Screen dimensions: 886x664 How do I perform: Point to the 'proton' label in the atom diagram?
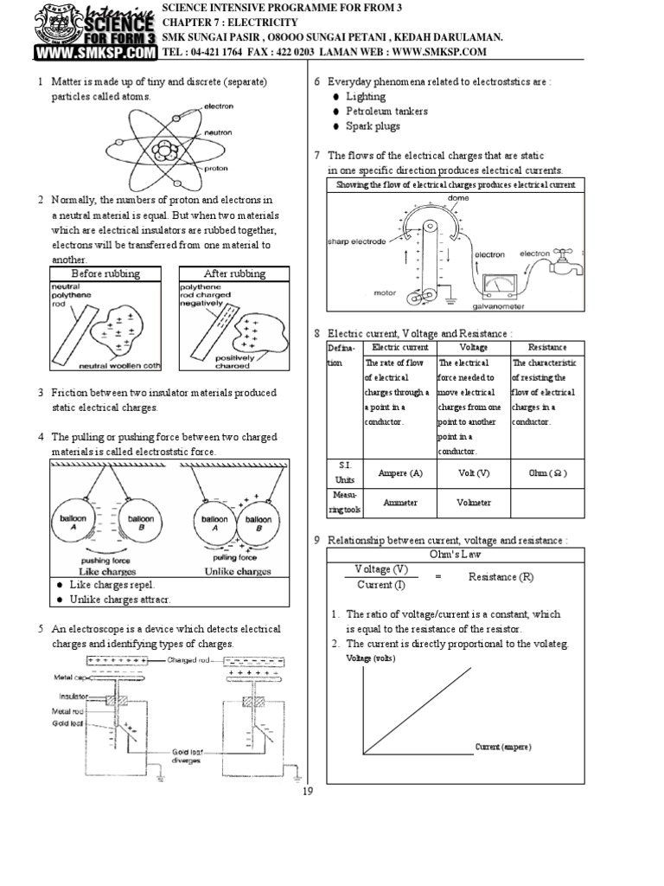coord(215,169)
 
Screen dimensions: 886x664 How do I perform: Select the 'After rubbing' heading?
coord(234,273)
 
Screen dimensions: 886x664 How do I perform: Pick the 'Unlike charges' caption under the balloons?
coord(235,571)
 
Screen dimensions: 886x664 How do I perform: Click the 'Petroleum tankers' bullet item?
coord(386,112)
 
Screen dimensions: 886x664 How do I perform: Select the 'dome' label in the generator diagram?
coord(458,198)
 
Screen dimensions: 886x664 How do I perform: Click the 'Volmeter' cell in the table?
coord(473,502)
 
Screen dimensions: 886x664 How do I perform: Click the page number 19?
coord(307,790)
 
